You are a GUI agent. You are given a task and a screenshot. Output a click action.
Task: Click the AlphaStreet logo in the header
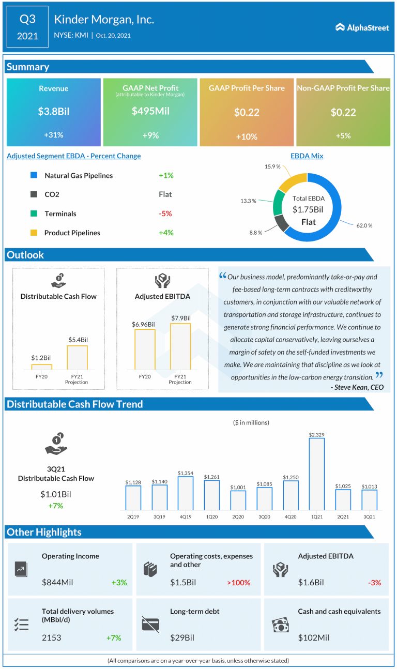click(x=362, y=27)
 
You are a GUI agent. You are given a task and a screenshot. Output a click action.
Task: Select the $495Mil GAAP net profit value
click(x=150, y=111)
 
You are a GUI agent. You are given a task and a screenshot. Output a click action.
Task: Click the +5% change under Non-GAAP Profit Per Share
click(x=343, y=135)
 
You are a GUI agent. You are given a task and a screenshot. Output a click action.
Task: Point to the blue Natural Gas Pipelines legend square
click(x=34, y=175)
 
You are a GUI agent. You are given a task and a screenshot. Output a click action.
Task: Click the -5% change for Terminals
click(x=165, y=214)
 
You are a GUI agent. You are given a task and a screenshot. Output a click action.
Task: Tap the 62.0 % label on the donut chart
click(x=364, y=225)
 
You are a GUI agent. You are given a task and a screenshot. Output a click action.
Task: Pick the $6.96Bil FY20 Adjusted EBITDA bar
click(x=145, y=349)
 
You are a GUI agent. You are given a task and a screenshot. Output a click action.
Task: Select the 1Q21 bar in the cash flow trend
click(x=317, y=474)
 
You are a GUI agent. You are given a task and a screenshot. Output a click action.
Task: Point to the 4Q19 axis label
click(x=185, y=516)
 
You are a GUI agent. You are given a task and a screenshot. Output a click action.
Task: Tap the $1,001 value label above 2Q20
click(x=238, y=486)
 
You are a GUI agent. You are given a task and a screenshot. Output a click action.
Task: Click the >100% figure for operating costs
click(x=238, y=583)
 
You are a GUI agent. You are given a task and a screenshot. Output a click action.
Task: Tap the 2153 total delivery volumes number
click(x=51, y=637)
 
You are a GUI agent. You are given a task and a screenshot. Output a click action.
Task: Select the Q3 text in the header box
click(x=27, y=20)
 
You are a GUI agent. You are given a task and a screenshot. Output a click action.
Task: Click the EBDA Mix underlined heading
click(x=307, y=156)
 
